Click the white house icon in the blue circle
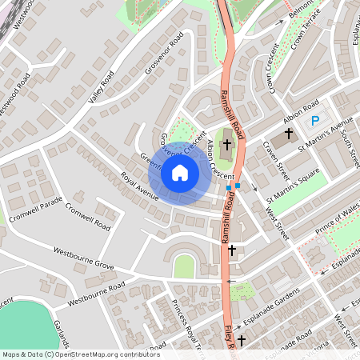tap(180, 172)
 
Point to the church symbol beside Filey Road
tap(240, 341)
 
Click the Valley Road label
tap(102, 86)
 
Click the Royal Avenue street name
tap(140, 185)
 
